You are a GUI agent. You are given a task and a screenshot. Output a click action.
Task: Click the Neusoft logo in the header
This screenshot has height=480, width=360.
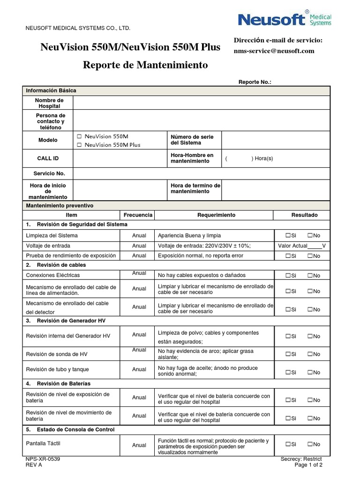(x=285, y=19)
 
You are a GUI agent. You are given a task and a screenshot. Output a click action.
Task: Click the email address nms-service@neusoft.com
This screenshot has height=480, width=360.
(x=274, y=51)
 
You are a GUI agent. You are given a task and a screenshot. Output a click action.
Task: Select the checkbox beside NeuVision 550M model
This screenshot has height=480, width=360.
(x=79, y=136)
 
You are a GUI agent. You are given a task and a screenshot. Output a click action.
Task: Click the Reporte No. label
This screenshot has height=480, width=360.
(x=255, y=82)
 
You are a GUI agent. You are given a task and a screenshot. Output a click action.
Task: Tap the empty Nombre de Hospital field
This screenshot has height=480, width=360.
(x=202, y=103)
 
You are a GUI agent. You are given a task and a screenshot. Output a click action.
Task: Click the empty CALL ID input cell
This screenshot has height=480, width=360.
(x=120, y=158)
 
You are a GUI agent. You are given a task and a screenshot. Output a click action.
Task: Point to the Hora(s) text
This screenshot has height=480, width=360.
(x=264, y=158)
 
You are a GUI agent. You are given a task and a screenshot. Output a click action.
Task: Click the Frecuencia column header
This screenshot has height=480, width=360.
(x=138, y=215)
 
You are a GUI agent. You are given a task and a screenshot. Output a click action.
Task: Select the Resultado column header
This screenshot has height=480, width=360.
(x=304, y=215)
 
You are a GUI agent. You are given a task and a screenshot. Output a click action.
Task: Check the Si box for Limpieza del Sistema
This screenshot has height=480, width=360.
(x=288, y=235)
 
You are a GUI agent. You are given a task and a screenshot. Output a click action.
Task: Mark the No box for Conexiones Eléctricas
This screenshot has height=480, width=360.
(x=310, y=276)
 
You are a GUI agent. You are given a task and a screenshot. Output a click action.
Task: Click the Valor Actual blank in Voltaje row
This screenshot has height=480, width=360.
(x=315, y=246)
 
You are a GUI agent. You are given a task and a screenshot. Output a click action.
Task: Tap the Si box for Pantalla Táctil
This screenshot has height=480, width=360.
(x=288, y=444)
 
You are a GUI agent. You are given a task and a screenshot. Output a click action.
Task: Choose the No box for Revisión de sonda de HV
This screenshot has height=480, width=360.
(x=310, y=354)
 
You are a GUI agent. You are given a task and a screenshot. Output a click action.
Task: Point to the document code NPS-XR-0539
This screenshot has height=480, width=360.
(x=43, y=459)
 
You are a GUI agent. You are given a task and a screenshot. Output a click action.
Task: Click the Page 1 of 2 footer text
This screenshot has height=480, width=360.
(x=308, y=465)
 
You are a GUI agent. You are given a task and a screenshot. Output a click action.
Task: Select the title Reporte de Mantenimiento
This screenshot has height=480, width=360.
(x=145, y=65)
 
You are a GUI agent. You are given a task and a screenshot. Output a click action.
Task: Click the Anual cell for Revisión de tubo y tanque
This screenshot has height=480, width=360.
(x=139, y=369)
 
